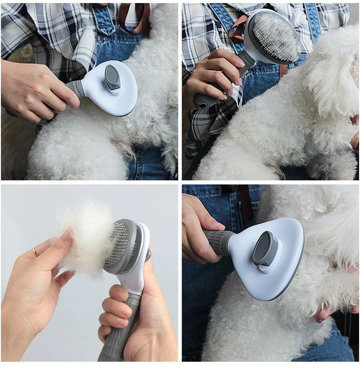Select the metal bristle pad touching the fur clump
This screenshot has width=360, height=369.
pos(118,245)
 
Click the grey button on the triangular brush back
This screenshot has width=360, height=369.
pos(264,248)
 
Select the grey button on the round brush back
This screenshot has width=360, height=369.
pos(112,77)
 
